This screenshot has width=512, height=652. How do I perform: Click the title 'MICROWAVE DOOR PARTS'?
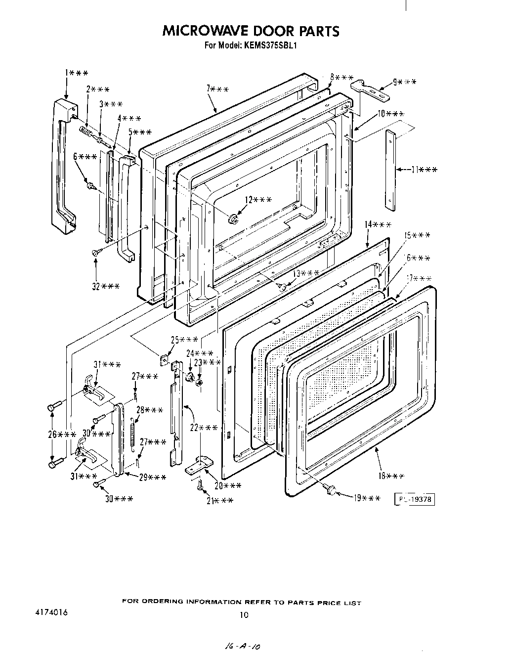[251, 31]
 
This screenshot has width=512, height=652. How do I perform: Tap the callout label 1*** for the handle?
[77, 73]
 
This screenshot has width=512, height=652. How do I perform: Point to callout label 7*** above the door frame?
[217, 89]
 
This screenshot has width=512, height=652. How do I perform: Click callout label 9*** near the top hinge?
[404, 82]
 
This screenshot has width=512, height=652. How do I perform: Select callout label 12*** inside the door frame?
[258, 199]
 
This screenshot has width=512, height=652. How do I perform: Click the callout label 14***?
[378, 224]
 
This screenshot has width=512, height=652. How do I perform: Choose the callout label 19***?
[367, 498]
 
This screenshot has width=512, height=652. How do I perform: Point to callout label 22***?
[204, 427]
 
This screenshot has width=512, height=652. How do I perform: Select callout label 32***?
[105, 286]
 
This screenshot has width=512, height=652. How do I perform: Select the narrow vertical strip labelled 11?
[390, 170]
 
